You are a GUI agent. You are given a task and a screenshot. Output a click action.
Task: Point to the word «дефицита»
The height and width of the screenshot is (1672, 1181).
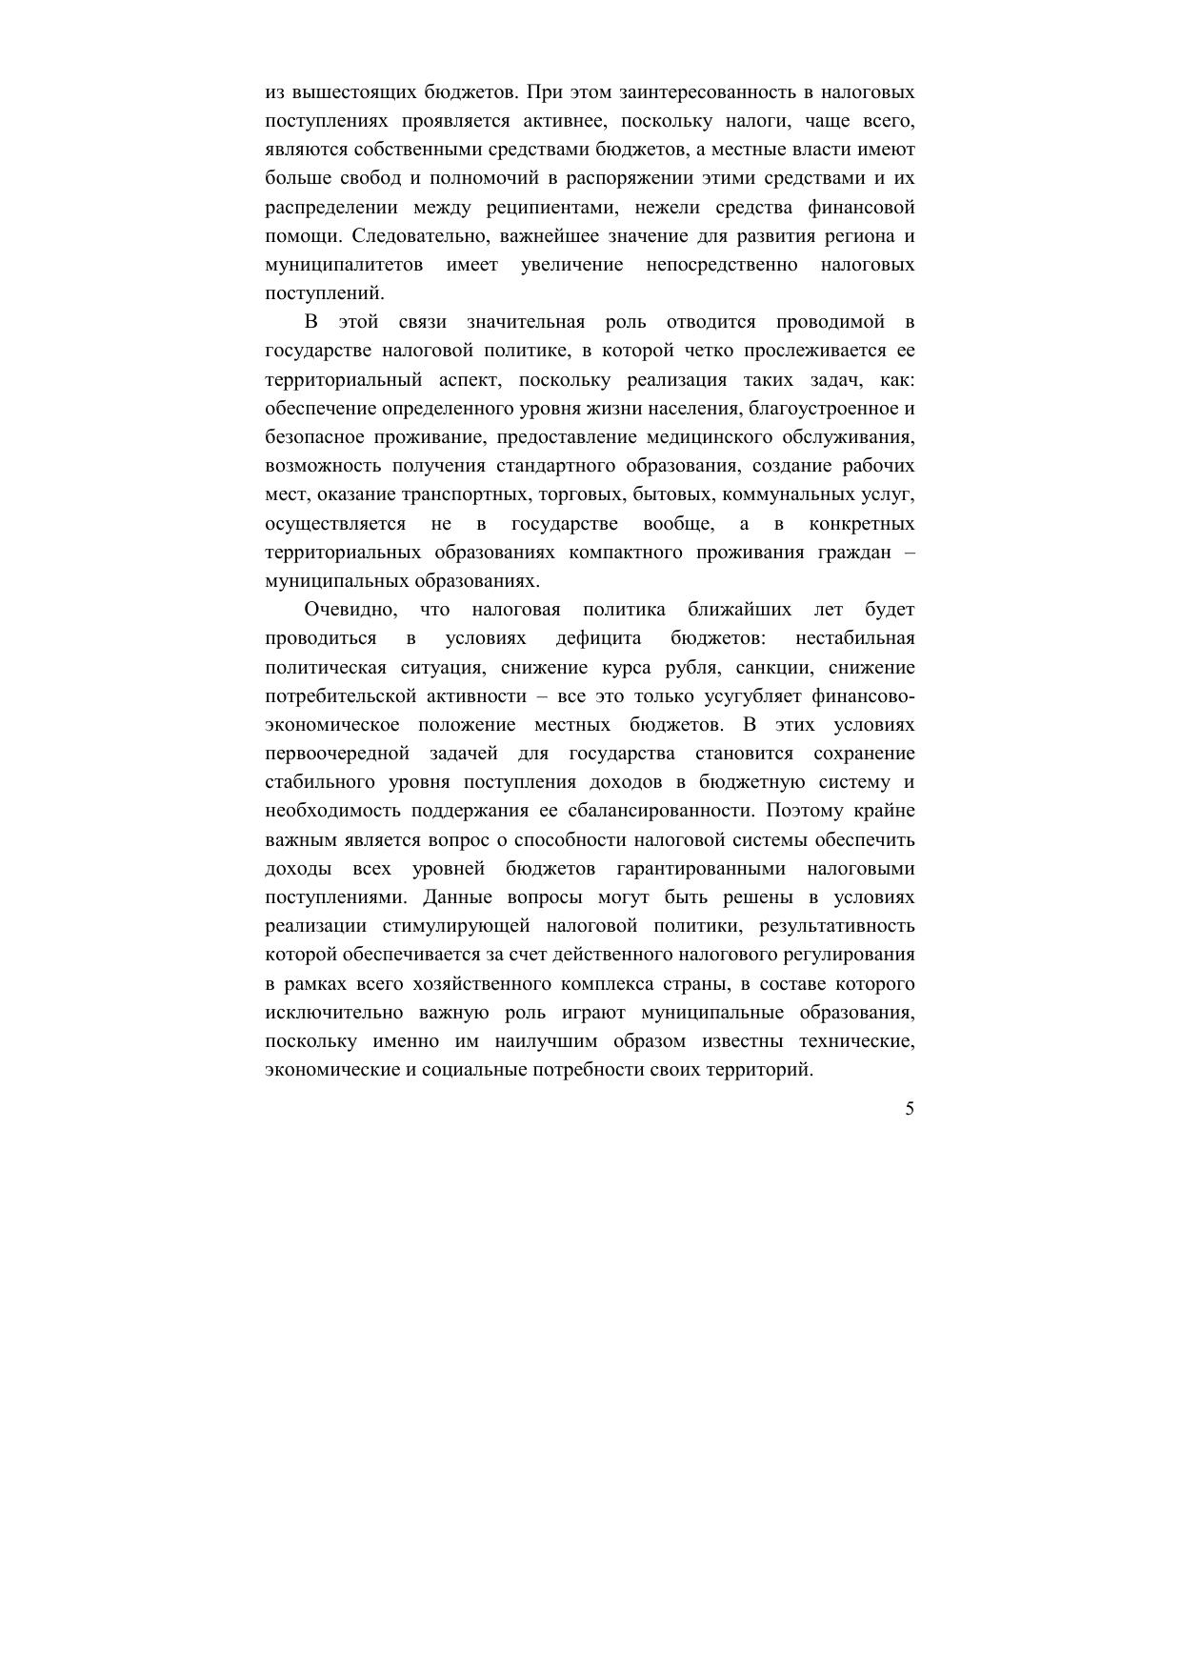[598, 638]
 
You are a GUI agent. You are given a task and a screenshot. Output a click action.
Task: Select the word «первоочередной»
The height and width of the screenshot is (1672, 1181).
[337, 754]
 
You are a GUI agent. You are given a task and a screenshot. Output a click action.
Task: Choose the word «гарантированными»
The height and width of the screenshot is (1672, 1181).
[701, 869]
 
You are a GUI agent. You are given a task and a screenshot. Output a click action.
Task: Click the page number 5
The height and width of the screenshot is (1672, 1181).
[910, 1109]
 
